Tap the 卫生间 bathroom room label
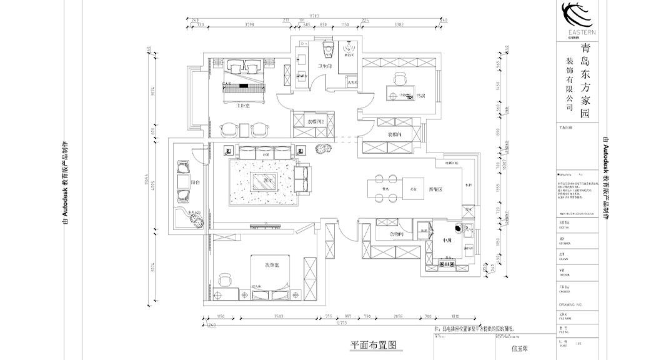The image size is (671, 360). tap(324, 66)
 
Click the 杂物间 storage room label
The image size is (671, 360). tap(396, 233)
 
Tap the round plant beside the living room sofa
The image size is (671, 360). tap(324, 149)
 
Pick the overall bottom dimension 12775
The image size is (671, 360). tap(341, 324)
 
